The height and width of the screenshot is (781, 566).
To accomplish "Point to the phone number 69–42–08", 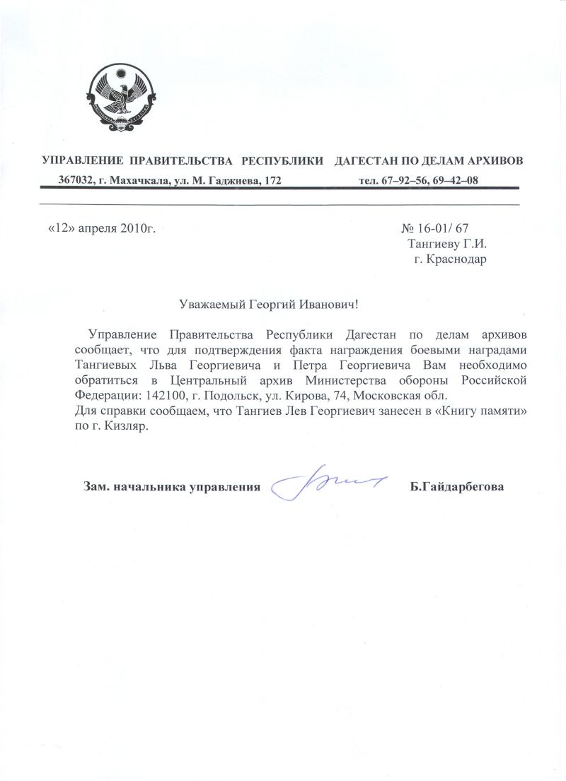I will (455, 181).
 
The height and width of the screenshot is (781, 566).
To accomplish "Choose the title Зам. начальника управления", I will (168, 487).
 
